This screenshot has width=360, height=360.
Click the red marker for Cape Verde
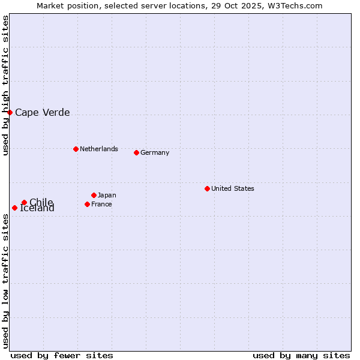[x=10, y=112]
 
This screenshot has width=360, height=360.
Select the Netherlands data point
[x=76, y=149]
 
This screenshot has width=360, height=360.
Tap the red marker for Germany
[x=136, y=152]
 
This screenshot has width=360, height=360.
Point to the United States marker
[x=207, y=188]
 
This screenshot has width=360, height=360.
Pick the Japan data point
[x=94, y=195]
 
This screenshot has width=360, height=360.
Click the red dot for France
[x=87, y=204]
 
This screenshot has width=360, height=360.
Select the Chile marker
[x=24, y=202]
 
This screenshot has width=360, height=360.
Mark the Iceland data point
[x=14, y=208]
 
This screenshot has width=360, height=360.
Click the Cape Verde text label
[x=42, y=112]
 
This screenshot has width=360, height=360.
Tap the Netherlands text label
[x=98, y=149]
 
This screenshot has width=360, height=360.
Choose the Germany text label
[x=155, y=152]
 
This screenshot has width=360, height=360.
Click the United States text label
[x=232, y=188]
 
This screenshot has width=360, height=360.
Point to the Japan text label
[x=107, y=195]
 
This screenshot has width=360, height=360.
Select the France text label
[x=101, y=204]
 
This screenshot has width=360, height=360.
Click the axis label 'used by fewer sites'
[x=62, y=355]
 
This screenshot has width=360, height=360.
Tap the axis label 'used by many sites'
[x=301, y=355]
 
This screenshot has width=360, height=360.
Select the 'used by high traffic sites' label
[x=6, y=86]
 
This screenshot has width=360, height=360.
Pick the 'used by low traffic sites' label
[x=6, y=281]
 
